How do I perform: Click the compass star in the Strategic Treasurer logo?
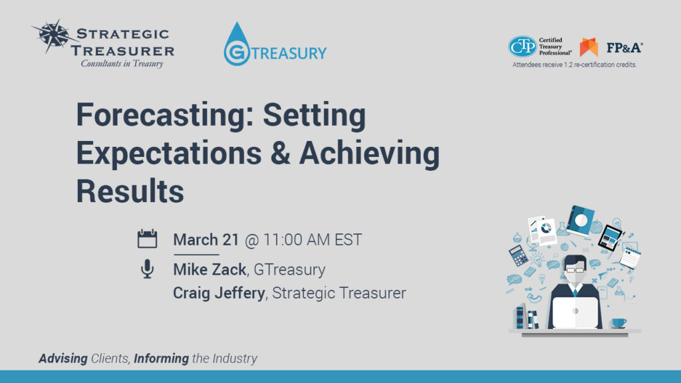click(x=49, y=37)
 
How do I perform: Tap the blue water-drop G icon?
click(x=236, y=45)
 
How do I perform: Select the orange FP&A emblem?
click(x=589, y=47)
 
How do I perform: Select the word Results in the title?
click(x=130, y=191)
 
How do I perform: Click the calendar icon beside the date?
click(x=147, y=239)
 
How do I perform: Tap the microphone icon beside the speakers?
click(x=147, y=269)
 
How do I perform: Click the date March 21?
click(x=205, y=240)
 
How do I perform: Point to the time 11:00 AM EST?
click(x=313, y=240)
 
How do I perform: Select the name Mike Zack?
click(x=209, y=269)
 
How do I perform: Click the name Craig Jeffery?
click(x=219, y=293)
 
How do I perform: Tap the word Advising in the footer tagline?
click(x=63, y=358)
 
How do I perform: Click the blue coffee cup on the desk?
click(x=618, y=322)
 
